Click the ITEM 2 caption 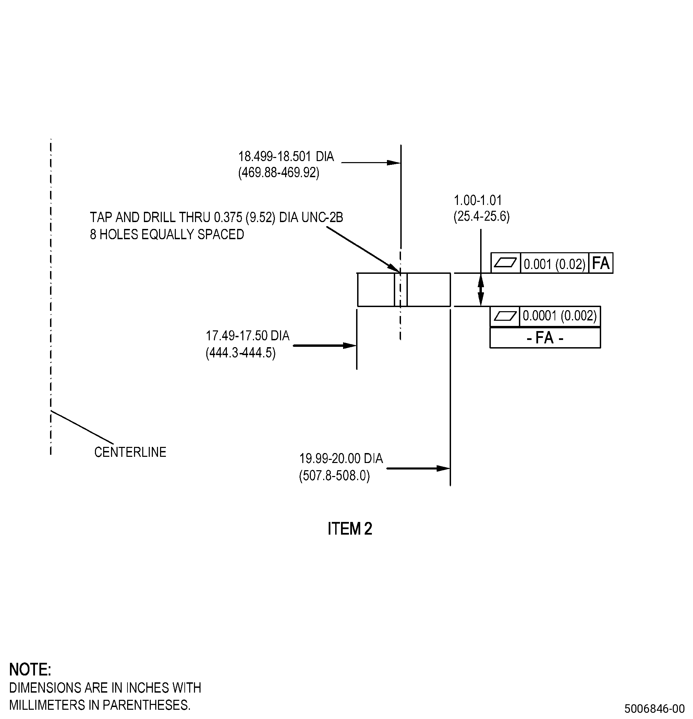tap(350, 528)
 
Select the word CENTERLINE tap(130, 452)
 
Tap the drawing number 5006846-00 tap(655, 708)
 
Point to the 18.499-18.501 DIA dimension tap(286, 156)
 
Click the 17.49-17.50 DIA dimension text tap(248, 336)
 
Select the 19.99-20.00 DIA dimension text tap(341, 459)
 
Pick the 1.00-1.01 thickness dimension tap(478, 200)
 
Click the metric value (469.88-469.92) tap(279, 172)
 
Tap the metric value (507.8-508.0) tap(335, 476)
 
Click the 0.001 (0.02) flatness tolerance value tap(554, 264)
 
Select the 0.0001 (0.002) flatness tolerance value tap(559, 316)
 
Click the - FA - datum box tap(545, 338)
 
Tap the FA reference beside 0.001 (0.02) tap(600, 263)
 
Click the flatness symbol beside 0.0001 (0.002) tap(505, 316)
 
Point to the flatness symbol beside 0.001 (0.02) tap(506, 263)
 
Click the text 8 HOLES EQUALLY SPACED tap(167, 234)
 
